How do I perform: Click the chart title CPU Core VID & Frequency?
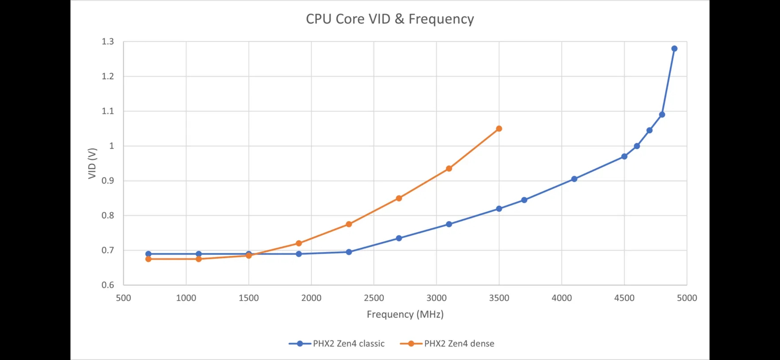(390, 19)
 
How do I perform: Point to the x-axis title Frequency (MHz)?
(405, 314)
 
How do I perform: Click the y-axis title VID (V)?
(92, 163)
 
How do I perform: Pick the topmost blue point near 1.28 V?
(674, 49)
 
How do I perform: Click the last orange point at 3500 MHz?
(499, 129)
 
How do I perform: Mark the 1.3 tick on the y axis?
(108, 42)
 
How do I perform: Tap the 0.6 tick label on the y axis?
(108, 285)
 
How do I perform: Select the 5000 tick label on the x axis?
(687, 298)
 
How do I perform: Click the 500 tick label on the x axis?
(123, 298)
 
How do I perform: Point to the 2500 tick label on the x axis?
(374, 298)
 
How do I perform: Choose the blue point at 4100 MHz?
(574, 179)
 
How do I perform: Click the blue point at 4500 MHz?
(624, 156)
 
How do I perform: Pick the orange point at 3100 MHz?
(449, 169)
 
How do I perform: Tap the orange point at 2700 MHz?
(399, 198)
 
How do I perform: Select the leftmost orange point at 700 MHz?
(148, 259)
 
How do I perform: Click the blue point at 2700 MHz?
(399, 238)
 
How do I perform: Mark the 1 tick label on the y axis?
(111, 146)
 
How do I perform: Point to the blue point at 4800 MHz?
(662, 115)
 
